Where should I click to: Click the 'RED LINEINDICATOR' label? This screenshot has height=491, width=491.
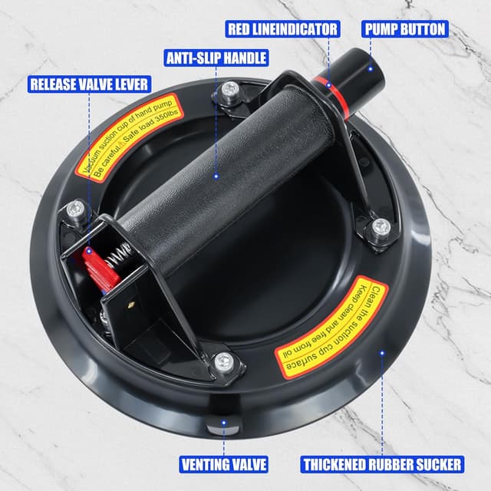282,29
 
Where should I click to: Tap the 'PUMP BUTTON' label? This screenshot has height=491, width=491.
405,29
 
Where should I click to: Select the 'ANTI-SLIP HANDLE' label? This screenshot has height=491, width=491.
216,58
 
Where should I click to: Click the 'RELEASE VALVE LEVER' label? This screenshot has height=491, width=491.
89,84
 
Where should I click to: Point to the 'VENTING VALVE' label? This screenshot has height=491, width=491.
224,464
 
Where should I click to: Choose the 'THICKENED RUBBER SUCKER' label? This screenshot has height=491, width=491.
382,464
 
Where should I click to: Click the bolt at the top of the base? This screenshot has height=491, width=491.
229,92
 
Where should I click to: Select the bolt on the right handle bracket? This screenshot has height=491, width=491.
381,227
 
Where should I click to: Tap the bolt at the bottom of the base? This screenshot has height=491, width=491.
223,361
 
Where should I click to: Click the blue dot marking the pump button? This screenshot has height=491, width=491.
370,69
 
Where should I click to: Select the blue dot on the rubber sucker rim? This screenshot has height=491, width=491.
382,353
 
